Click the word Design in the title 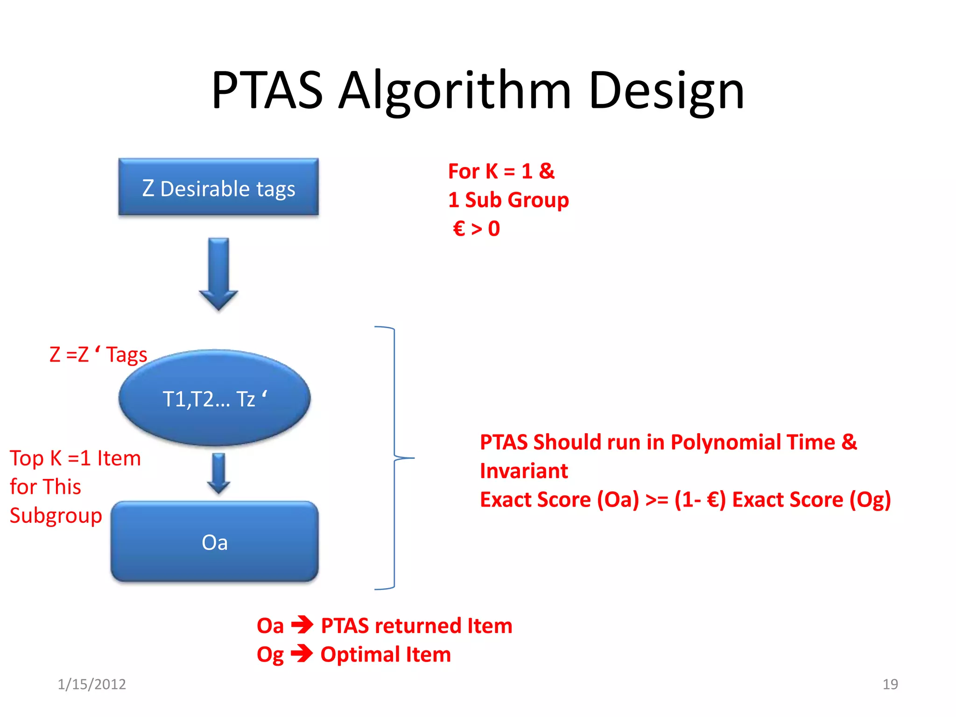pos(666,91)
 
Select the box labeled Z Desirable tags pos(218,187)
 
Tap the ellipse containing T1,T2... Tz pos(215,398)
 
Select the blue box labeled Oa pos(215,542)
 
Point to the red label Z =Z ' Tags pos(98,355)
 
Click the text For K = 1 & pos(501,171)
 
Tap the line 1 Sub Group pos(508,200)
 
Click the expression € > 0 pos(476,229)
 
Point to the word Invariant pos(524,471)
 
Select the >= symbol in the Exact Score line pos(656,500)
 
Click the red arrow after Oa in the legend pos(302,625)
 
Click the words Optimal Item pos(386,654)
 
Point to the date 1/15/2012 pos(91,684)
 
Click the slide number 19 pos(890,684)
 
